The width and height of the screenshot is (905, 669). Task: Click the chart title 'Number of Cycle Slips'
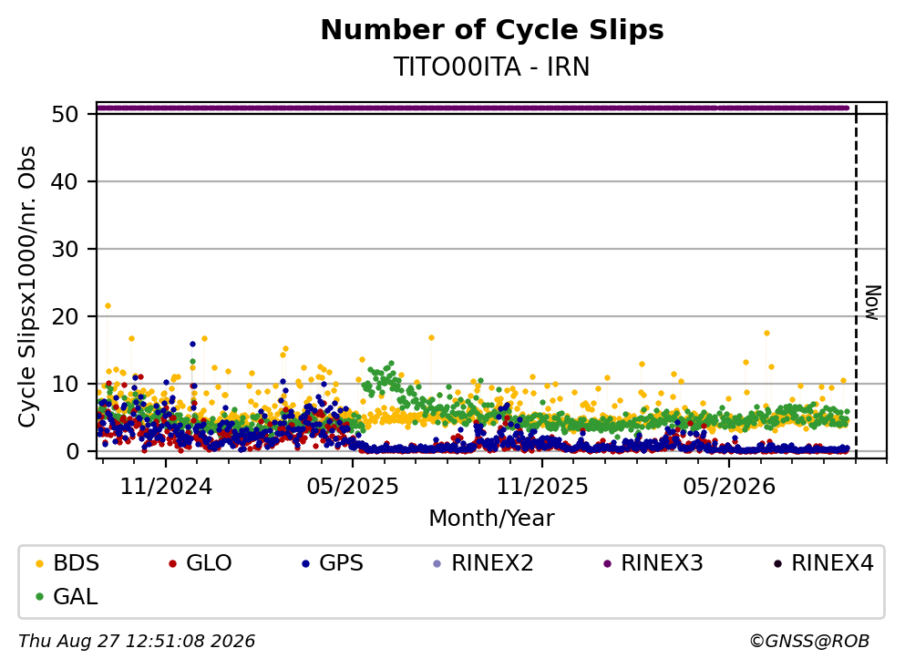point(492,30)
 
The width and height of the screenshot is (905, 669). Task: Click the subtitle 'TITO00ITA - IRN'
point(492,67)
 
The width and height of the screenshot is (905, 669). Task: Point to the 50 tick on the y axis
point(65,114)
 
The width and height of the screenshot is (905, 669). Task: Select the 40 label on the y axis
point(65,181)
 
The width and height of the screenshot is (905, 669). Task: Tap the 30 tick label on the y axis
point(65,250)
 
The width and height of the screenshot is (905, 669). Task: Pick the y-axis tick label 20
point(65,316)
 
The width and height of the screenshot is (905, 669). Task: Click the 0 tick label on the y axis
point(72,451)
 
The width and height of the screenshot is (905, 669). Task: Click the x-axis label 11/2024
point(166,487)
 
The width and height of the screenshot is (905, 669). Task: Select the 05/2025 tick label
point(353,487)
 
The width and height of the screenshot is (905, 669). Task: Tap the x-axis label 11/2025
point(542,487)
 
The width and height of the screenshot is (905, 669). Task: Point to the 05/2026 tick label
point(729,487)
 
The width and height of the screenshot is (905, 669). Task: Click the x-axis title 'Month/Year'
point(492,519)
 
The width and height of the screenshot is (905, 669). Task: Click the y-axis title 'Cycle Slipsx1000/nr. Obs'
point(27,287)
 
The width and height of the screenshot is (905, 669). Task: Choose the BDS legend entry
point(67,562)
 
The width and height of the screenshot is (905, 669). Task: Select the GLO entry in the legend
point(201,562)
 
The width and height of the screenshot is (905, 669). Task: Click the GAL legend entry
point(67,596)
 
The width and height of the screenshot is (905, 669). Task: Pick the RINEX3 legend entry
point(653,562)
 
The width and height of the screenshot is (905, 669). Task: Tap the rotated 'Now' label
point(872,303)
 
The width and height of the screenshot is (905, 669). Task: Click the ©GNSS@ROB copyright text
point(809,641)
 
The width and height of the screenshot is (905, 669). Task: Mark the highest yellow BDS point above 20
point(108,306)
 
